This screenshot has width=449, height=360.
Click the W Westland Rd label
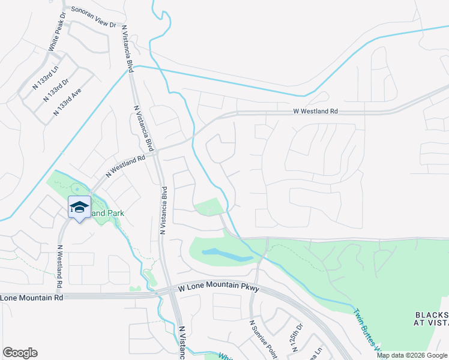[x=316, y=112]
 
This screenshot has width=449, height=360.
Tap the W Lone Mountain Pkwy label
[x=218, y=289]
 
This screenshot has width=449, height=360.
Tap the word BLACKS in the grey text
[x=432, y=315]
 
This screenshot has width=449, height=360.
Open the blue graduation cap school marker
[x=79, y=207]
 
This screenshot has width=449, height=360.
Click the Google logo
[x=20, y=353]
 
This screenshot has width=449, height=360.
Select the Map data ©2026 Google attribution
[x=411, y=355]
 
